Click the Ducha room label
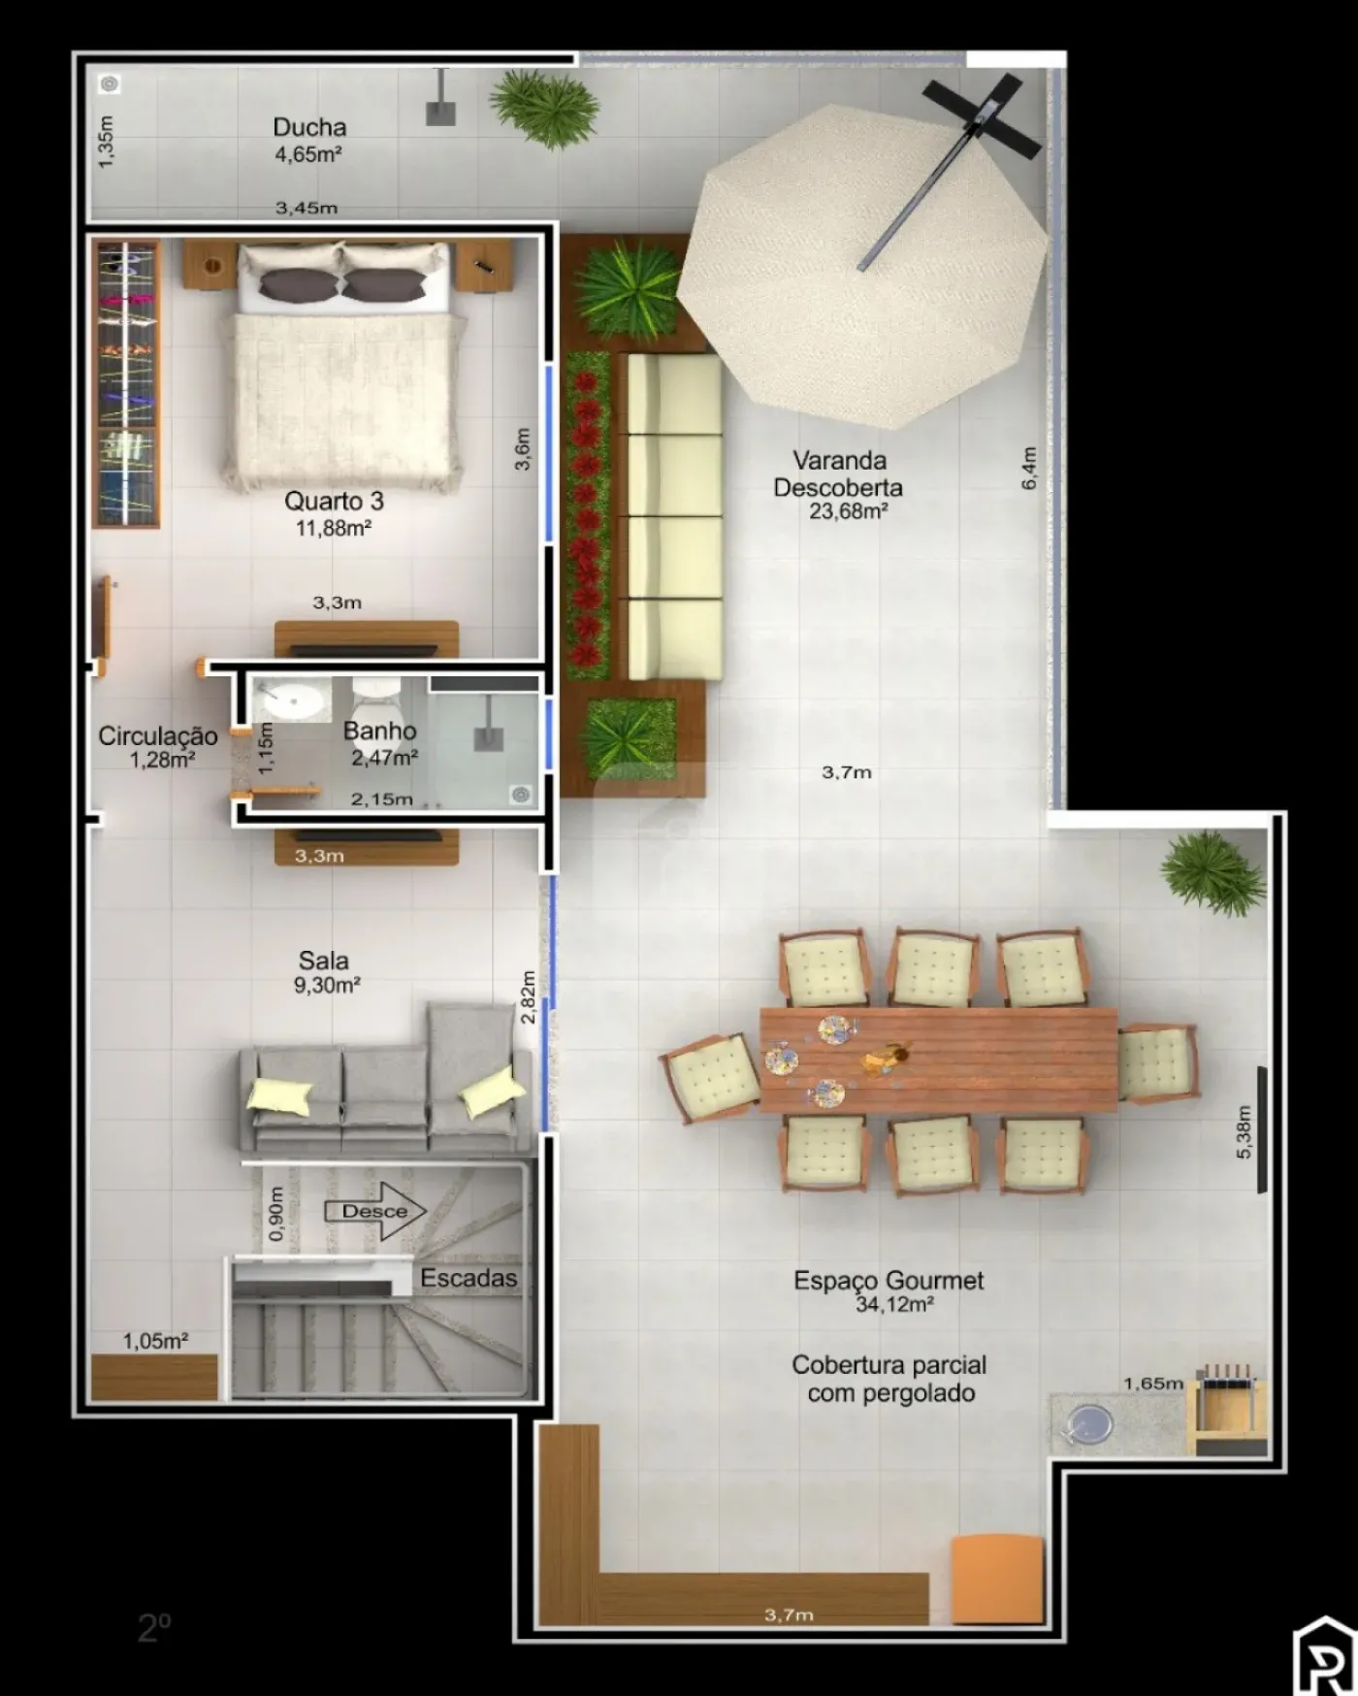309,127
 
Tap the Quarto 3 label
334,501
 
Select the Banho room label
379,732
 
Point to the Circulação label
158,736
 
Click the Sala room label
323,961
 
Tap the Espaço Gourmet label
889,1281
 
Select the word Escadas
469,1278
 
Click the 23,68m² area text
850,511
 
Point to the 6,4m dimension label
1029,468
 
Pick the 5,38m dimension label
1245,1132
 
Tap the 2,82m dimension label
528,996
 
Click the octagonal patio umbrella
861,267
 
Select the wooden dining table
938,1060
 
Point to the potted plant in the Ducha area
543,110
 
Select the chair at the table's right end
1158,1063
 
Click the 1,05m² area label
155,1341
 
